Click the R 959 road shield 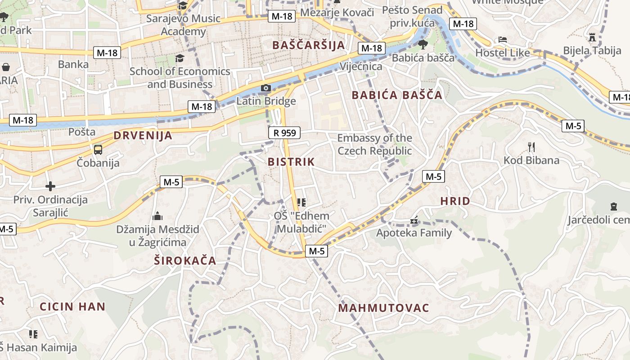point(284,133)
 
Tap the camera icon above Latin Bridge point(266,88)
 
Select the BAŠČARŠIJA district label point(309,45)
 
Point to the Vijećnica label point(361,67)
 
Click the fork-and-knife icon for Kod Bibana point(531,147)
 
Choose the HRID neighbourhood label point(455,201)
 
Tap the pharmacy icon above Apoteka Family point(414,221)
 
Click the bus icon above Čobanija point(98,150)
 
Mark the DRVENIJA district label point(143,135)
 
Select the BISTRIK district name point(291,162)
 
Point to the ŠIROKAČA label point(185,261)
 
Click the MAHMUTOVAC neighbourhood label point(384,308)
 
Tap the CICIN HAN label point(72,307)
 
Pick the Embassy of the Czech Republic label point(375,144)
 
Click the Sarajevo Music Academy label point(184,25)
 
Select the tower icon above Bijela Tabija point(592,37)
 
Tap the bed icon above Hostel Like point(503,40)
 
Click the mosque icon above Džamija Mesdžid point(157,216)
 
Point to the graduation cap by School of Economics point(180,58)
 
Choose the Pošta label point(82,132)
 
